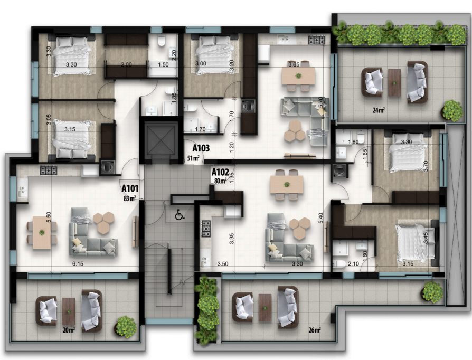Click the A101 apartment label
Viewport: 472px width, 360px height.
click(x=130, y=188)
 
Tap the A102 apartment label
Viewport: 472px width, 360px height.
click(x=220, y=172)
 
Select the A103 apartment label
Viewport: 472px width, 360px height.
click(x=201, y=148)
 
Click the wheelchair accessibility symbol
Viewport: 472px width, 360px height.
click(x=180, y=215)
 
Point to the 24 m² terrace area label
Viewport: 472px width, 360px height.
click(x=379, y=110)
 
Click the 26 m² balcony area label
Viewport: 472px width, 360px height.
click(x=315, y=330)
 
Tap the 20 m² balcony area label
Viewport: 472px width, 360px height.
click(x=69, y=330)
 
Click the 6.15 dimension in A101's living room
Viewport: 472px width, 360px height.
click(x=78, y=264)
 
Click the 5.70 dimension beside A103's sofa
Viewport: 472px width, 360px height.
click(x=320, y=102)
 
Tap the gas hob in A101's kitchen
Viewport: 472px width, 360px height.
click(x=49, y=170)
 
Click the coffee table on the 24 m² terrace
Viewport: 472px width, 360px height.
click(x=394, y=83)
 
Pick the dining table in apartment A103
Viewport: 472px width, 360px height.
click(x=298, y=75)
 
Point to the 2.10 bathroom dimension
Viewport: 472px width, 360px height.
click(x=353, y=264)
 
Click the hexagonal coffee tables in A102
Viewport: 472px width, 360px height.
click(x=300, y=228)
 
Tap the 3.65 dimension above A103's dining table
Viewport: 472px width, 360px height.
click(x=294, y=64)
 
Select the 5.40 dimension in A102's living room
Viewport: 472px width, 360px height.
click(x=320, y=218)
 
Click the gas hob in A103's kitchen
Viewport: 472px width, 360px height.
click(x=317, y=40)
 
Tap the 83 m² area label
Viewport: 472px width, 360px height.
click(x=129, y=198)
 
